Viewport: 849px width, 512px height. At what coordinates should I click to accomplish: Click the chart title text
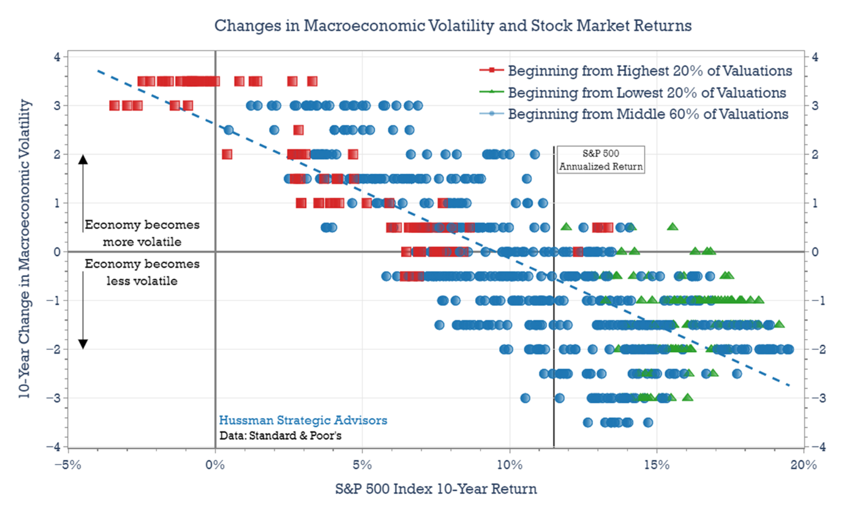pos(453,25)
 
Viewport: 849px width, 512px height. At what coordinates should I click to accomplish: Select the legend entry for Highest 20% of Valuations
pos(649,71)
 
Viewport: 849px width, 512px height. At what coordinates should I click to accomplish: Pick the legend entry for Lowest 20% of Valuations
pos(647,93)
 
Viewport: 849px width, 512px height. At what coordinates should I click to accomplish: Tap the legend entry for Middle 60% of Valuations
pos(647,114)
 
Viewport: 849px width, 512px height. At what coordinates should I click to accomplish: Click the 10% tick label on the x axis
pos(509,465)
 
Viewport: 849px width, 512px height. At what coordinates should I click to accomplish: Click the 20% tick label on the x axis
pos(804,465)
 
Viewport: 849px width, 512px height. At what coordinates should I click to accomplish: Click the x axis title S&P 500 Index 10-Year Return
pos(436,489)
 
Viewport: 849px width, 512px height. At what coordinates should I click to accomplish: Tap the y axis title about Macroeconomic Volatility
pos(24,249)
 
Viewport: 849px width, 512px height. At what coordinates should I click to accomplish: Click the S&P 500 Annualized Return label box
pos(601,160)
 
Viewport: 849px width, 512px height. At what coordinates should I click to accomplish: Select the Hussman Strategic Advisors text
pos(303,420)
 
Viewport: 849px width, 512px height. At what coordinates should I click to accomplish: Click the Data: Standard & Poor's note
pos(280,436)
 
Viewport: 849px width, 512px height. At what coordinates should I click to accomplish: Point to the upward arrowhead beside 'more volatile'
pos(83,160)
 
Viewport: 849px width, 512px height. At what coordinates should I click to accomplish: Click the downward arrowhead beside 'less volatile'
pos(83,344)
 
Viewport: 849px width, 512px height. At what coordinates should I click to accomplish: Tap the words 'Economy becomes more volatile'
pos(142,233)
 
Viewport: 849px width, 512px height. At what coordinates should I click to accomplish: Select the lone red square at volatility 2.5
pos(298,130)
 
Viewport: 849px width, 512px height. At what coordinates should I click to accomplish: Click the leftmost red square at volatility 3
pos(114,106)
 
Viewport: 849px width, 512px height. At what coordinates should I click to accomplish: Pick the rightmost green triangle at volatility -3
pos(688,397)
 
